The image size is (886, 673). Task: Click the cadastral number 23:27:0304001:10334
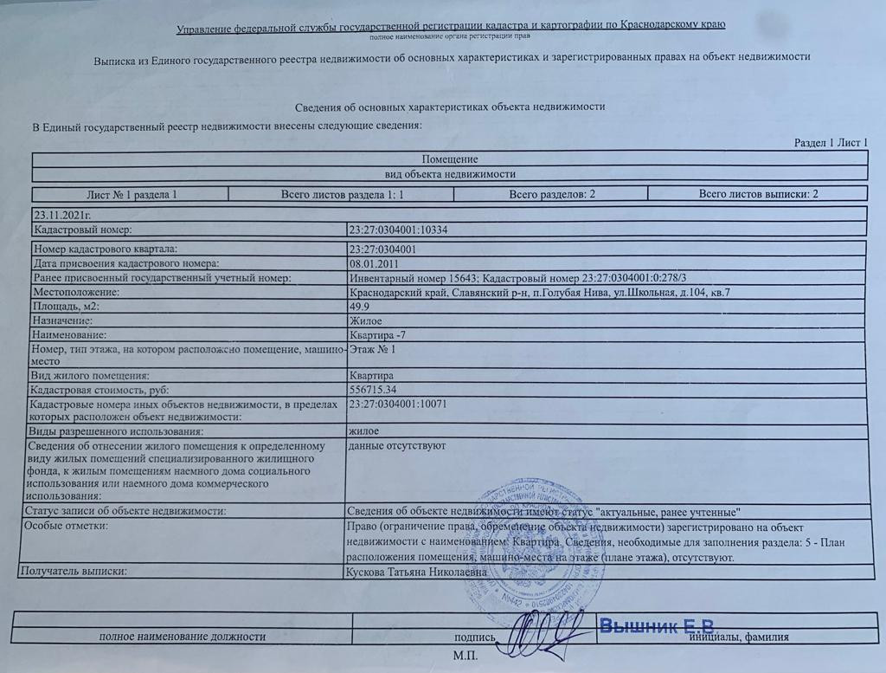(x=397, y=230)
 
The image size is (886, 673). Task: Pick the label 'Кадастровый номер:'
(x=81, y=230)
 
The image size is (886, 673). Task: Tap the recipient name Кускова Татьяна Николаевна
(x=414, y=573)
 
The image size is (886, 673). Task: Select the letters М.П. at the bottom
(x=464, y=656)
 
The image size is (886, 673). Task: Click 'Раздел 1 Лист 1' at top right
(x=831, y=143)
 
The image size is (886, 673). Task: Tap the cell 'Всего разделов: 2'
(x=552, y=194)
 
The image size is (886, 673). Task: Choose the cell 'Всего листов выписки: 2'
(x=758, y=194)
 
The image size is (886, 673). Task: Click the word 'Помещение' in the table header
(x=449, y=159)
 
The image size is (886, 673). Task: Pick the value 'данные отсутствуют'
(x=395, y=447)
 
